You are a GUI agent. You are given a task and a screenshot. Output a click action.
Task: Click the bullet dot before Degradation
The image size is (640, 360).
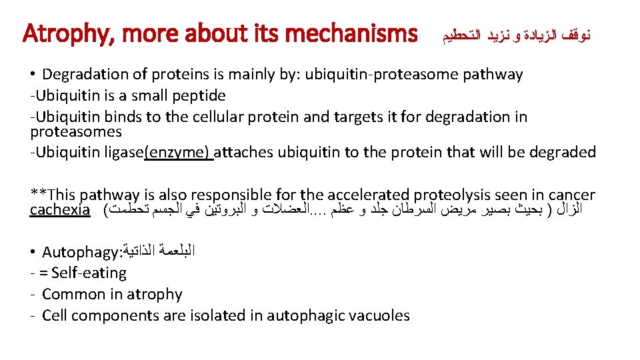33,75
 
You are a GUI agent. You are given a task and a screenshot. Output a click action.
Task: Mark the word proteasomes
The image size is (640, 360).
76,131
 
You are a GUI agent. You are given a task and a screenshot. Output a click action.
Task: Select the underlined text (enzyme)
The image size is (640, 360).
179,153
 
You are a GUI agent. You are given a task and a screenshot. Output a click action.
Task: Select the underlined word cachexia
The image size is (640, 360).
60,210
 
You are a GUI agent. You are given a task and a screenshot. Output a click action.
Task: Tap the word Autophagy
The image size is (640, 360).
77,252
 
